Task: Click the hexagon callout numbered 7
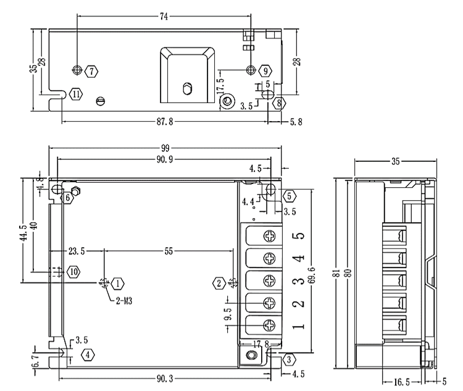pos(92,71)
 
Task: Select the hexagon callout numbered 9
pos(264,71)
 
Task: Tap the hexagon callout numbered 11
pos(75,94)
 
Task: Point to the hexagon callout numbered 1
pos(117,284)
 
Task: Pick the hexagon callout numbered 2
pos(219,284)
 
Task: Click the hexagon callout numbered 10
pos(73,271)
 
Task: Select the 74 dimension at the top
pos(164,17)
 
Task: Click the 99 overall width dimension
pos(165,149)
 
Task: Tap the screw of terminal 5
pos(270,236)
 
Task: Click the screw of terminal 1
pos(270,325)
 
